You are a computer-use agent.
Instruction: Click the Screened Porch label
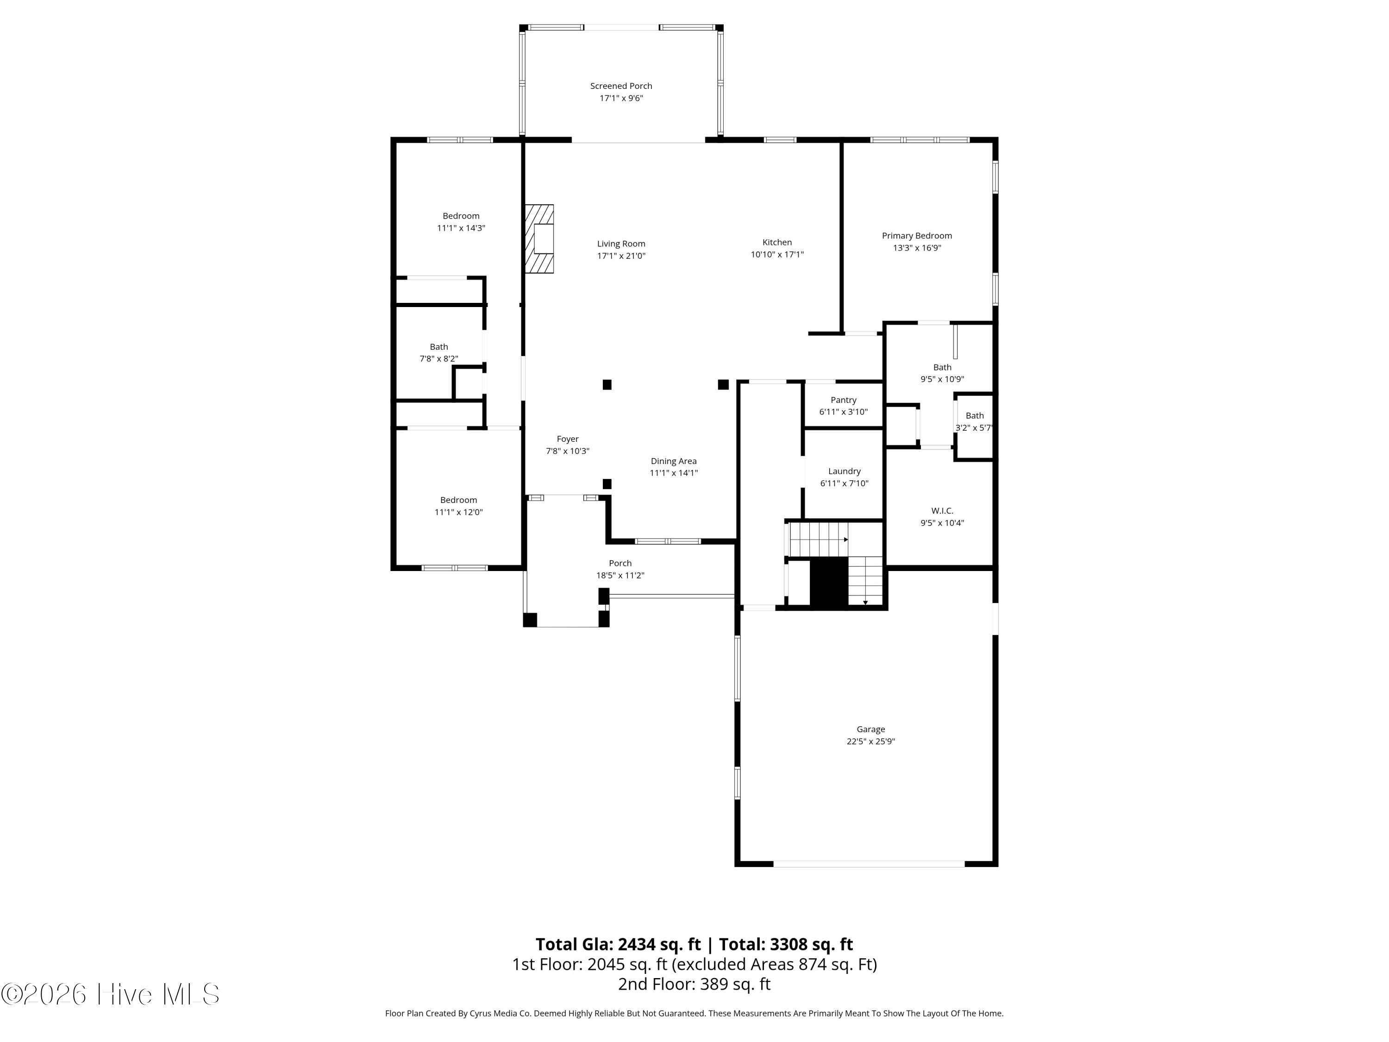click(x=621, y=86)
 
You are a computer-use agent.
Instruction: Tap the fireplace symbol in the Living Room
click(x=539, y=239)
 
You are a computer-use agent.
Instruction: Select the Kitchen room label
click(x=777, y=243)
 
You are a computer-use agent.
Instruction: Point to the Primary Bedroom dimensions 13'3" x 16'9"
click(x=917, y=248)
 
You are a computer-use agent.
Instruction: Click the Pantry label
click(x=843, y=400)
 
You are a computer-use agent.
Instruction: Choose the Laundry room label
click(x=844, y=471)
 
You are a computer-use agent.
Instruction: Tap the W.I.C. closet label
click(x=942, y=511)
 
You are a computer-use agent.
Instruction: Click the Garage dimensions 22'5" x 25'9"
click(x=870, y=741)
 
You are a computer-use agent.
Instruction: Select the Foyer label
click(x=568, y=439)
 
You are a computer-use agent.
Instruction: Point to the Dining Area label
click(x=673, y=461)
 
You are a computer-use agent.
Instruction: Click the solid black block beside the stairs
click(x=829, y=582)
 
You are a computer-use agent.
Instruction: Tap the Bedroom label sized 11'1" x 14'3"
click(x=461, y=216)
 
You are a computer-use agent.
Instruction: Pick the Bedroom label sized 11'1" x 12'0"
click(x=458, y=500)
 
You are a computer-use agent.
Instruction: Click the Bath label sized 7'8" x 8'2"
click(x=439, y=347)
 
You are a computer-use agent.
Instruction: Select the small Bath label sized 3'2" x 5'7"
click(x=975, y=416)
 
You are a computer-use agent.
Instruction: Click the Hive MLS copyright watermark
click(x=111, y=994)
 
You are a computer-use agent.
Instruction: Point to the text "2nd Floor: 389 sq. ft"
click(x=694, y=984)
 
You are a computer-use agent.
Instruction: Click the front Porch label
click(x=620, y=564)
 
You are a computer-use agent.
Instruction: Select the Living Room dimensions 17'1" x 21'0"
click(x=621, y=256)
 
